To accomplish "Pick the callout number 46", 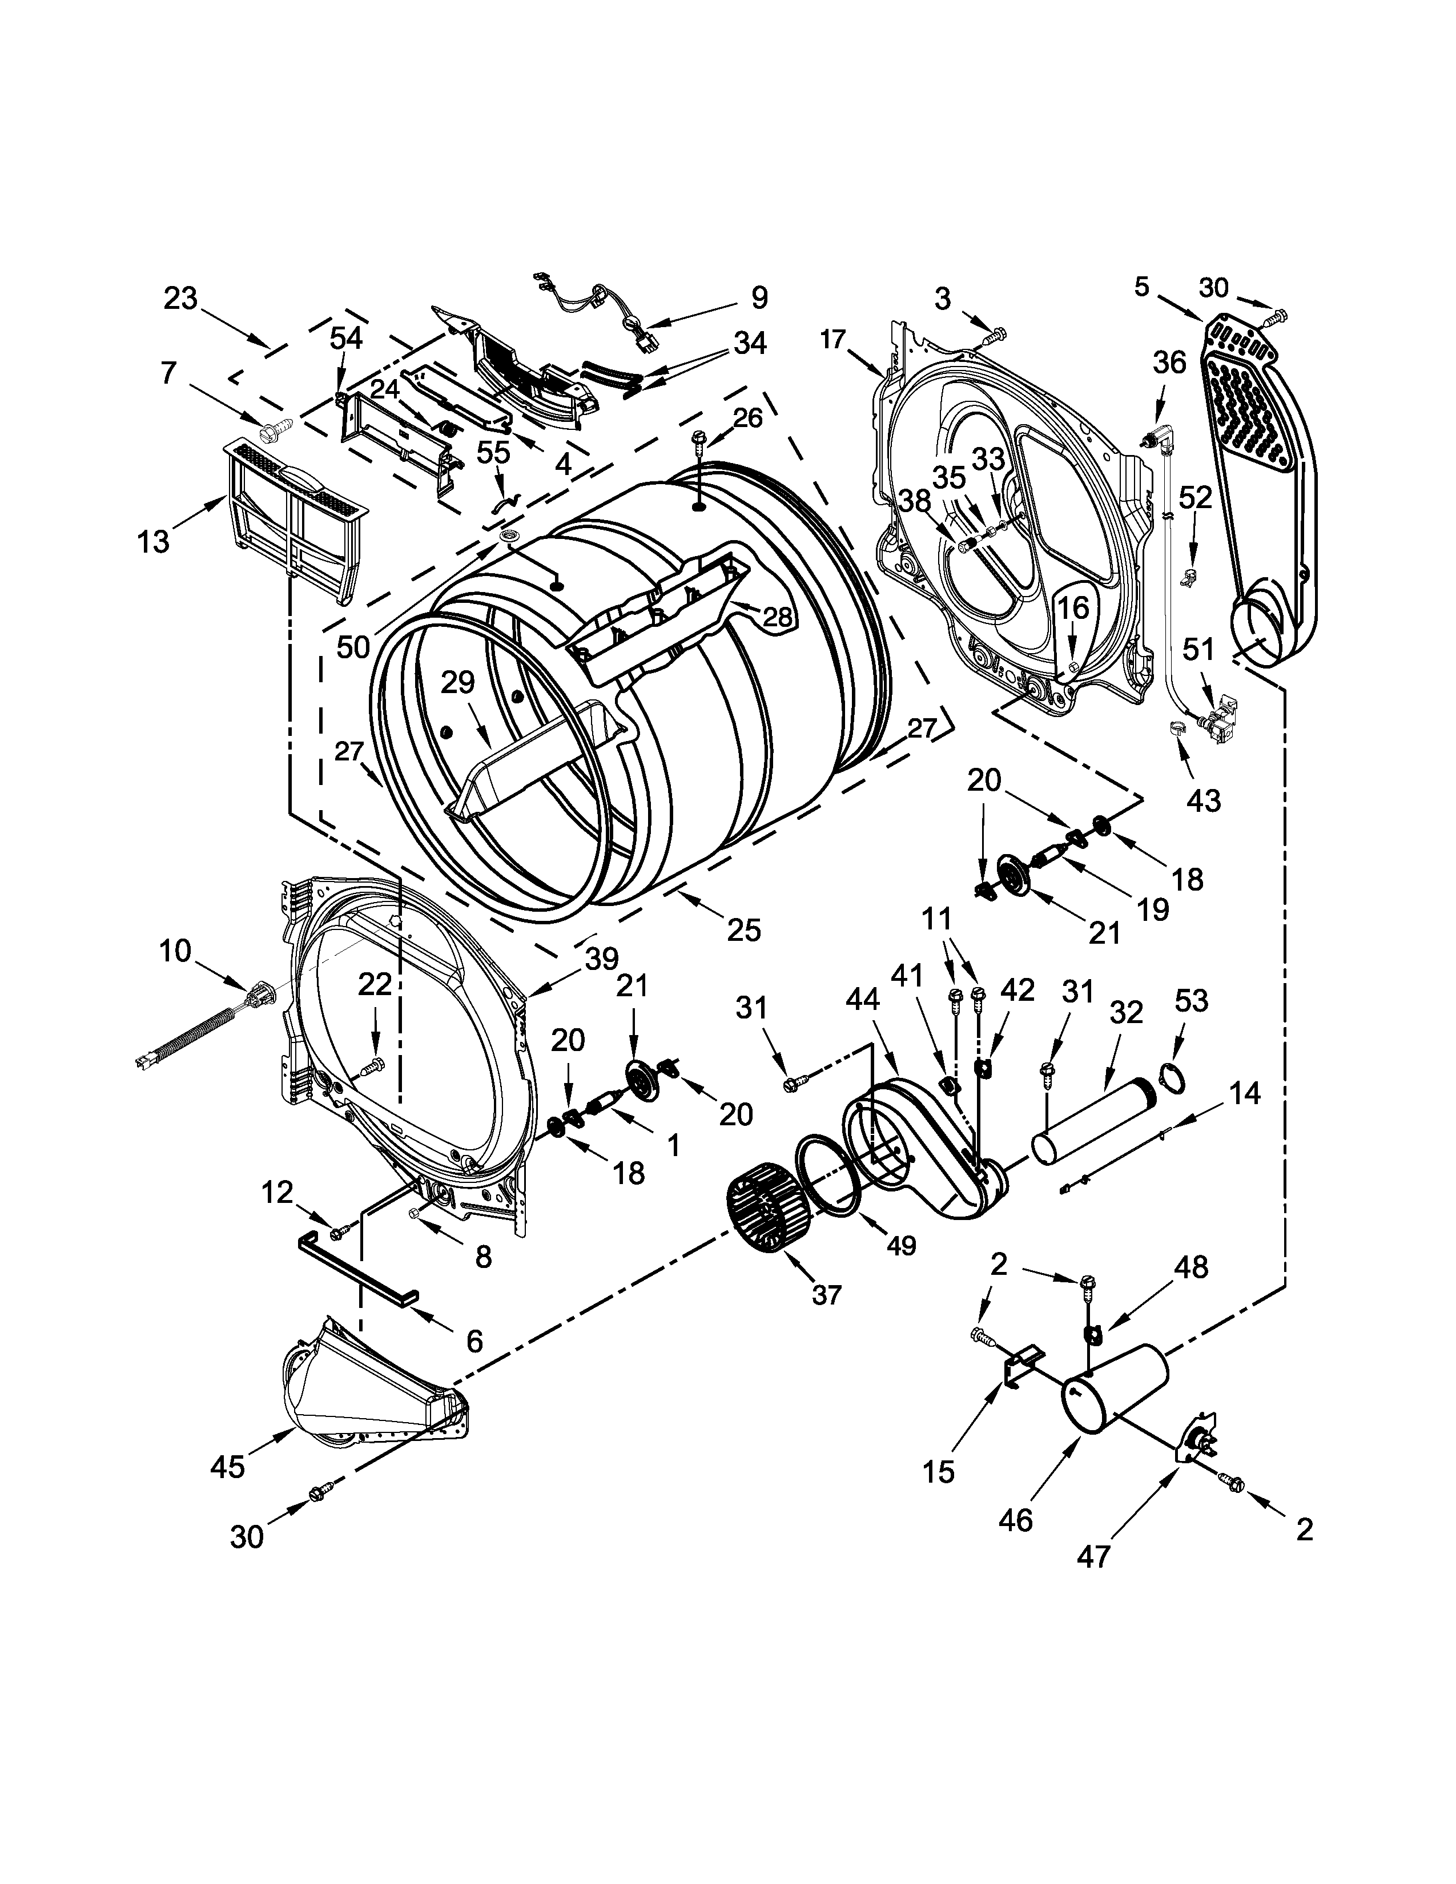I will [x=1015, y=1519].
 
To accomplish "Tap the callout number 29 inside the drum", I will [x=458, y=682].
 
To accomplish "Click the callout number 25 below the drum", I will [x=743, y=929].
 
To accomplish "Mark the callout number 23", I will [x=180, y=299].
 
